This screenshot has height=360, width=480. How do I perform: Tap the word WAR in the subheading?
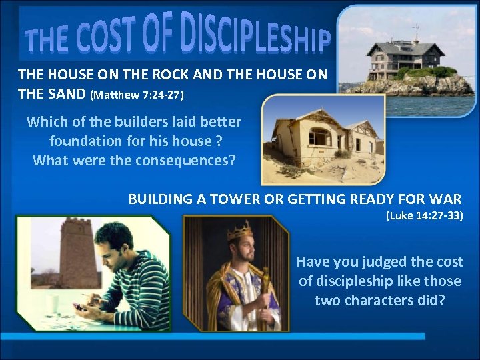[x=447, y=199]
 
